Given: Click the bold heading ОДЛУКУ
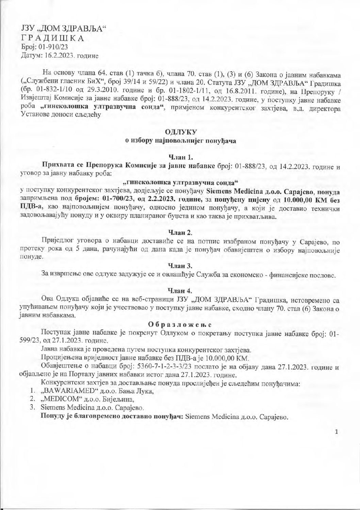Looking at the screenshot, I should (180, 132).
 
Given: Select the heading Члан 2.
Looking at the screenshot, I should (180, 233).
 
